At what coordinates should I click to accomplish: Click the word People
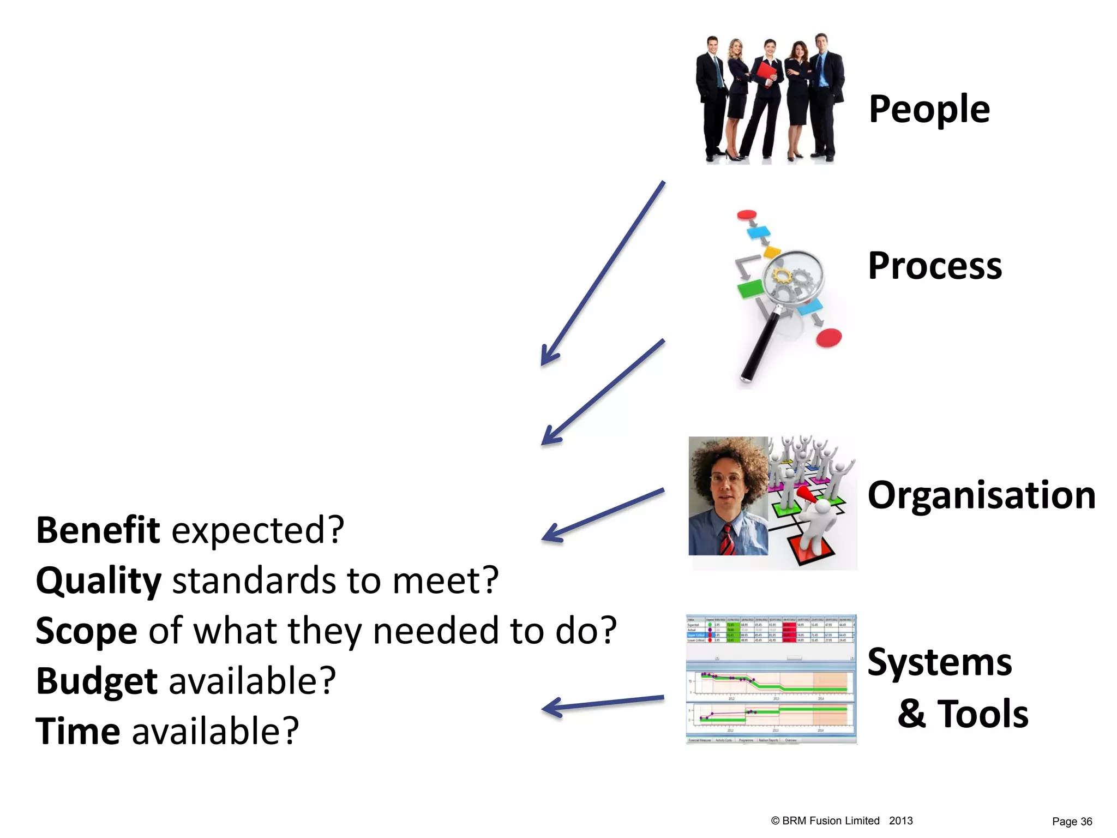[x=929, y=109]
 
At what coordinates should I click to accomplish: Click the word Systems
[x=939, y=662]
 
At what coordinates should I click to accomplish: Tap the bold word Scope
[x=86, y=631]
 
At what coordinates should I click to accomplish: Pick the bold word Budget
[x=97, y=681]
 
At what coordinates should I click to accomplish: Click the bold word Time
[x=77, y=731]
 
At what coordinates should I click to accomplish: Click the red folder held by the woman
[x=765, y=74]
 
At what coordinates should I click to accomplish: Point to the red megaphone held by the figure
[x=806, y=494]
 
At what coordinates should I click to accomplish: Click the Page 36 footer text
[x=1072, y=822]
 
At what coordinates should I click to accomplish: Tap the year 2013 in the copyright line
[x=900, y=821]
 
